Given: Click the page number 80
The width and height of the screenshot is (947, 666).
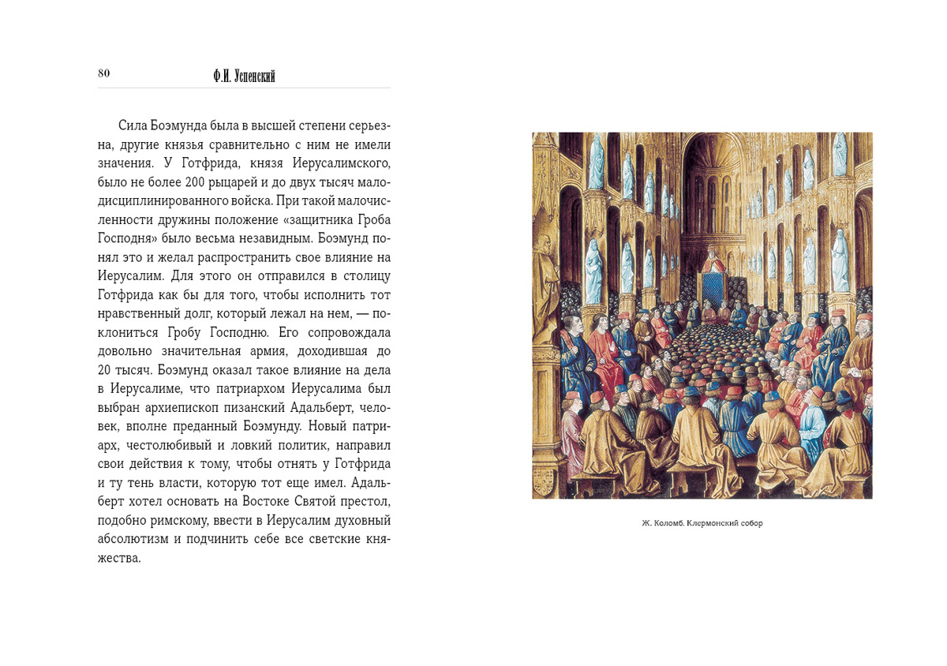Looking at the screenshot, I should pyautogui.click(x=103, y=73).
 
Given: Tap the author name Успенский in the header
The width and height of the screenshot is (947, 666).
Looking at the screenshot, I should pyautogui.click(x=253, y=77).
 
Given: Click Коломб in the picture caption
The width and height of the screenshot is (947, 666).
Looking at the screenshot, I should pyautogui.click(x=668, y=523).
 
